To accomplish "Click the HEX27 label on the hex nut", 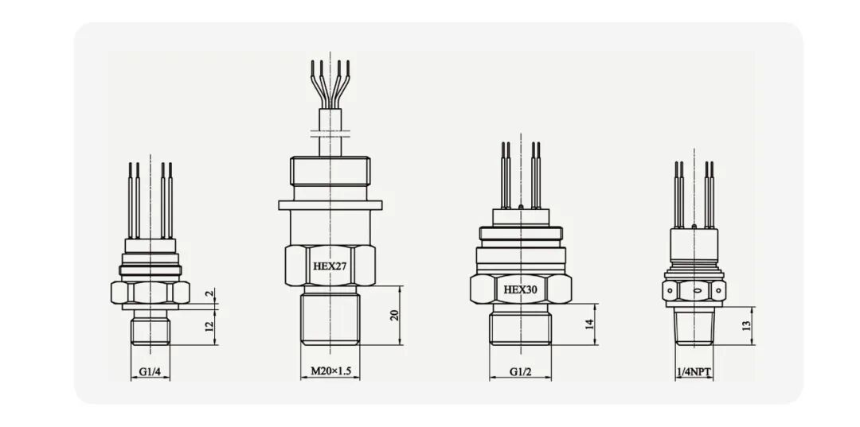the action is (x=330, y=266).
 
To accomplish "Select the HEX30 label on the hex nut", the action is (x=521, y=290).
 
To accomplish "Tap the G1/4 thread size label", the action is (x=150, y=371).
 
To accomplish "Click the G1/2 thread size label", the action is (x=520, y=371).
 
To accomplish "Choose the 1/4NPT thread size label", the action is (x=694, y=372).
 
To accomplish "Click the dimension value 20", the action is (x=394, y=316).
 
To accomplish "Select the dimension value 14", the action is (x=589, y=324).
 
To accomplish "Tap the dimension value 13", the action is (x=746, y=326).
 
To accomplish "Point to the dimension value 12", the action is (x=209, y=328).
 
